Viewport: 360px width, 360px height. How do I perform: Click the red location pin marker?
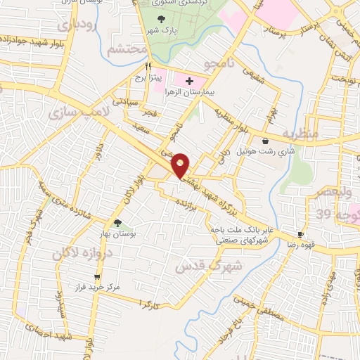(x=181, y=165)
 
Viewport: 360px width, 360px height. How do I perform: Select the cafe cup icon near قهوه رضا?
(x=301, y=234)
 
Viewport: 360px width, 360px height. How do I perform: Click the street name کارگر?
(x=146, y=304)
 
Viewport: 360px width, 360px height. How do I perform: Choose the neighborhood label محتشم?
(x=129, y=49)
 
